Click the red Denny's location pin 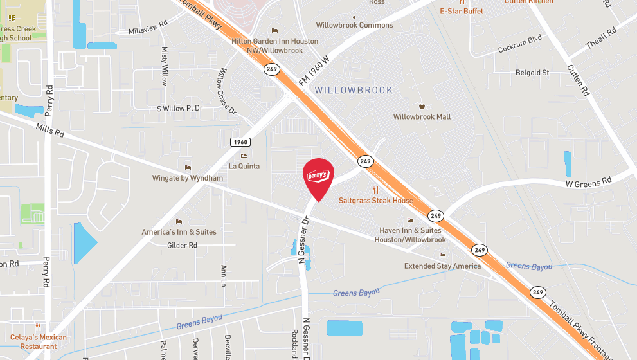click(318, 176)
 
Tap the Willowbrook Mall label click(422, 116)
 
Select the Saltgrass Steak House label click(376, 201)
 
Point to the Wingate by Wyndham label click(188, 178)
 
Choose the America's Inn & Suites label click(179, 231)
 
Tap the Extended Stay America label click(442, 265)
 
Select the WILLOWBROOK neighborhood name click(354, 91)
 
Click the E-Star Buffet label click(462, 11)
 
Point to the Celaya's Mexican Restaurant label click(38, 341)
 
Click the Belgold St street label click(532, 73)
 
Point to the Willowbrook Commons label click(354, 25)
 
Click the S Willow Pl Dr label click(180, 108)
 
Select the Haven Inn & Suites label click(410, 235)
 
